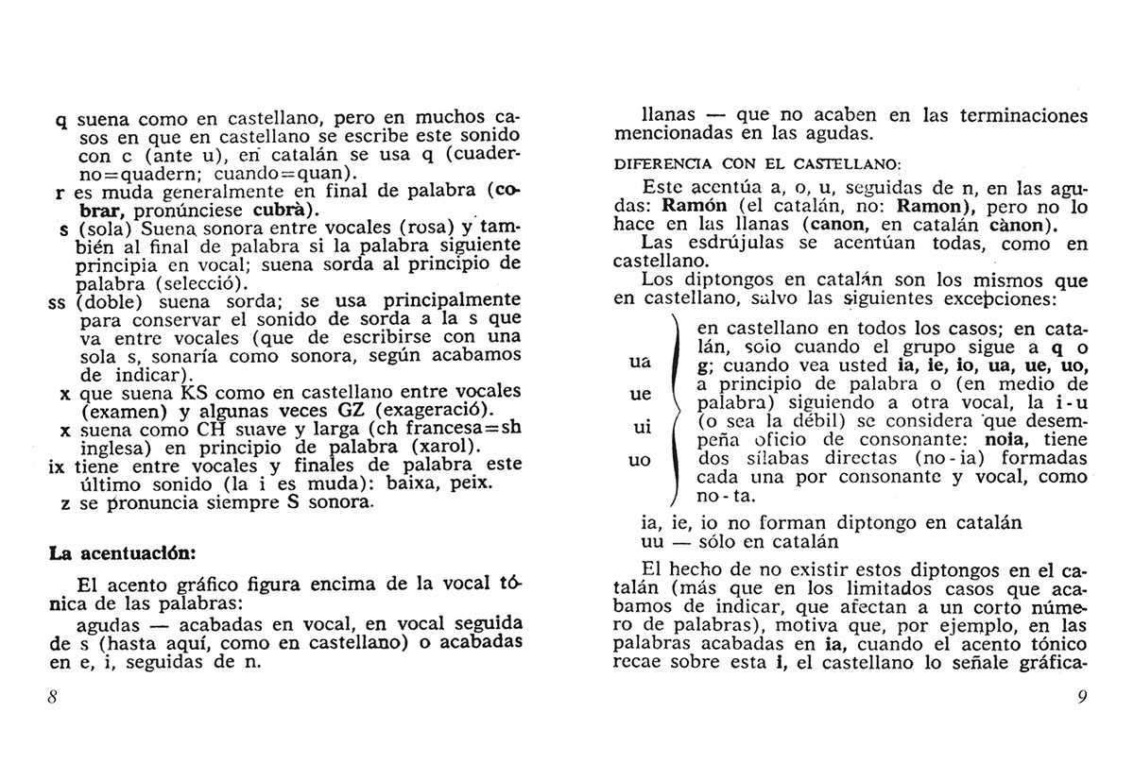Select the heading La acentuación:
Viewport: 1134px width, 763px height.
[x=121, y=552]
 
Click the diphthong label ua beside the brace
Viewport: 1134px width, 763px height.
[x=640, y=362]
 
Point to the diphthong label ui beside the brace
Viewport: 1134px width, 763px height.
[x=640, y=428]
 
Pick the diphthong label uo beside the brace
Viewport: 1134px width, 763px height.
[x=640, y=461]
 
